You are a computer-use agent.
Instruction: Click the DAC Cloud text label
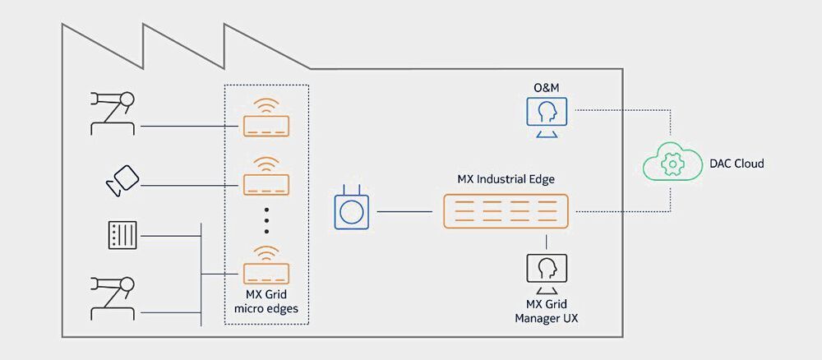pos(736,164)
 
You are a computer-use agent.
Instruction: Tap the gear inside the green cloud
pos(672,164)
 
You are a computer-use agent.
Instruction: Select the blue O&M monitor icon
pos(547,115)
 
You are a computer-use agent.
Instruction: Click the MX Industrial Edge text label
pos(504,178)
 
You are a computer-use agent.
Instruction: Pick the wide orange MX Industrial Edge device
pos(506,211)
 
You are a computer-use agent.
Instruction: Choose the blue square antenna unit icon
pos(351,210)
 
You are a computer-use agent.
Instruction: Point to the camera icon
pos(123,179)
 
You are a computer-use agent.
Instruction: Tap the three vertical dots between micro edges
pos(266,221)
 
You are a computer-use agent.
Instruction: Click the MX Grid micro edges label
pos(266,302)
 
